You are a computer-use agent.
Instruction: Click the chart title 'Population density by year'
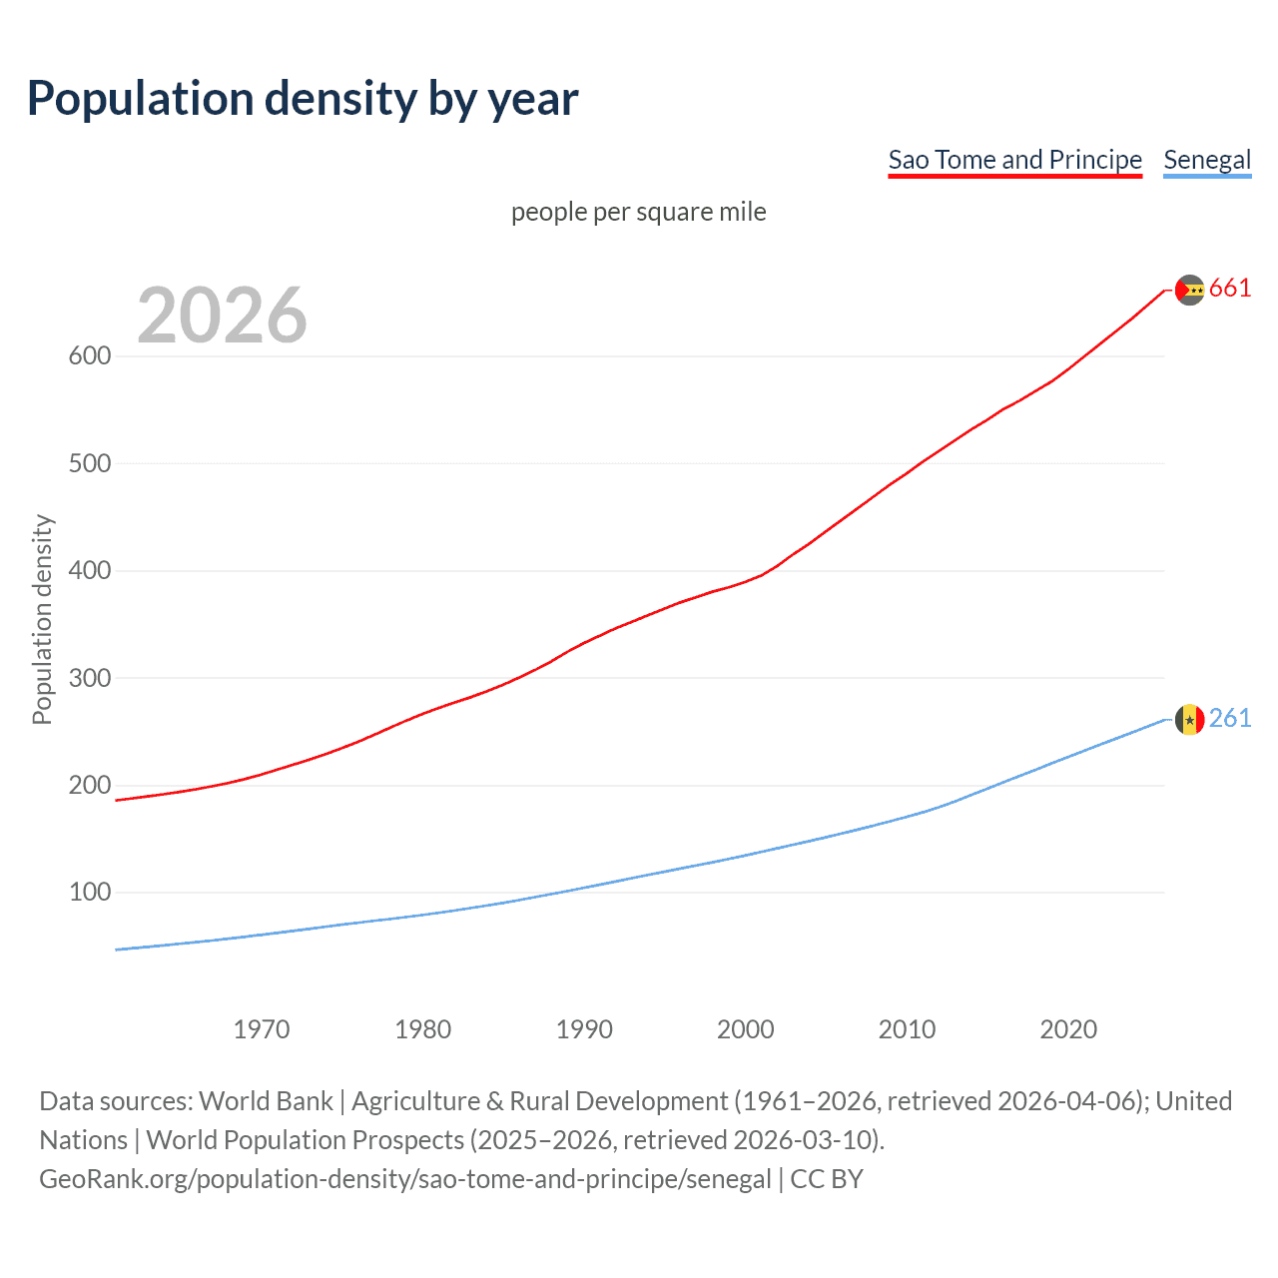[x=303, y=99]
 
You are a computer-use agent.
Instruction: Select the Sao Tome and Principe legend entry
[x=1014, y=160]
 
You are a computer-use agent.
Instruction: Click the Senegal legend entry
[x=1207, y=160]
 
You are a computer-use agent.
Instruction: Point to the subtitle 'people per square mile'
[x=639, y=212]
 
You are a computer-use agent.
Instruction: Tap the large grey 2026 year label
[x=222, y=316]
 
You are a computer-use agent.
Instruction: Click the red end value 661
[x=1230, y=289]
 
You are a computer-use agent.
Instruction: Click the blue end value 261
[x=1230, y=719]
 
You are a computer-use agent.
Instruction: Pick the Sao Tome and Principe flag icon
[x=1189, y=290]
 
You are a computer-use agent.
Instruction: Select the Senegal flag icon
[x=1189, y=719]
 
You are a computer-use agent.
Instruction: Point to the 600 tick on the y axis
[x=90, y=356]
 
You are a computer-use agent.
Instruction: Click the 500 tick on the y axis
[x=90, y=463]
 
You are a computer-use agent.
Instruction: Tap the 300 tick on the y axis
[x=90, y=678]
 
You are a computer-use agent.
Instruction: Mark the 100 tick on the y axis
[x=90, y=893]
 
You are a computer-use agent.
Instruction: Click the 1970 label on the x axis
[x=262, y=1029]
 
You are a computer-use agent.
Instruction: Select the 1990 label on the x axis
[x=584, y=1029]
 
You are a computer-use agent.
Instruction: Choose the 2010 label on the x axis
[x=907, y=1029]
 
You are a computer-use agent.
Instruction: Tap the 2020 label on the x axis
[x=1068, y=1029]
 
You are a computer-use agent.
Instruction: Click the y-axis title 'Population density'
[x=42, y=619]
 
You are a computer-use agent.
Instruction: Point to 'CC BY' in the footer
[x=827, y=1179]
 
